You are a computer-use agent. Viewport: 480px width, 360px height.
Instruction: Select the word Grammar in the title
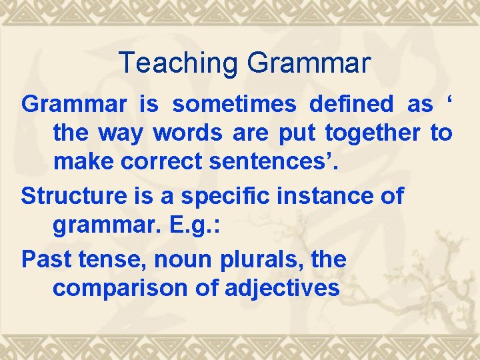pyautogui.click(x=309, y=63)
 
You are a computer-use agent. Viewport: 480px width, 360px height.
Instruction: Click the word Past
pyautogui.click(x=45, y=259)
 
